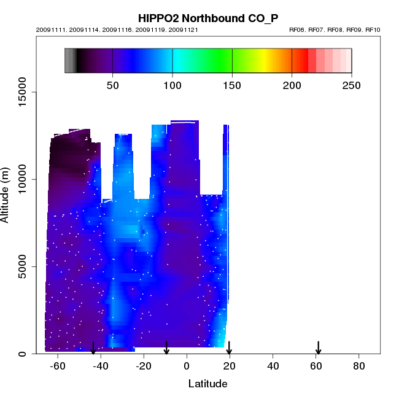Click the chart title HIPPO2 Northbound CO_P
pos(207,18)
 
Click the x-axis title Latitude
pos(207,384)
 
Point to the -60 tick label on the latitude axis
pos(58,366)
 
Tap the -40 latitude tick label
pos(101,366)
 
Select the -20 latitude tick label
pos(144,366)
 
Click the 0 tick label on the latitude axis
pos(187,366)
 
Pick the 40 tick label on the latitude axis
pos(273,366)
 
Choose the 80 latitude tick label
pos(359,366)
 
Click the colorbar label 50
pos(113,85)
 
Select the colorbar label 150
pos(233,85)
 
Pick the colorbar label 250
pos(352,85)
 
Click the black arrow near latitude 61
pos(319,347)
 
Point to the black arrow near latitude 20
pos(229,347)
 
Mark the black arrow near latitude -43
pos(93,347)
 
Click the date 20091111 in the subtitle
pos(48,29)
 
